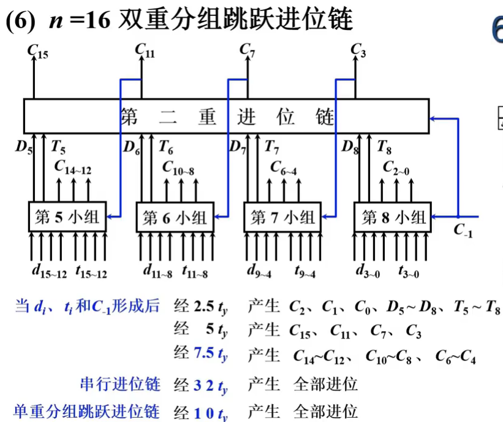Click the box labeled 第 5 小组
point(68,217)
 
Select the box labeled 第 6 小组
point(175,217)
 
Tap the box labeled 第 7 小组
point(283,217)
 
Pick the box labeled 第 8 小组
point(393,217)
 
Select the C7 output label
point(248,50)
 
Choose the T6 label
point(165,147)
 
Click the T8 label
point(384,147)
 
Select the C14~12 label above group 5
point(72,166)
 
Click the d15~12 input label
point(49,270)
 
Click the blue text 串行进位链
point(120,385)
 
